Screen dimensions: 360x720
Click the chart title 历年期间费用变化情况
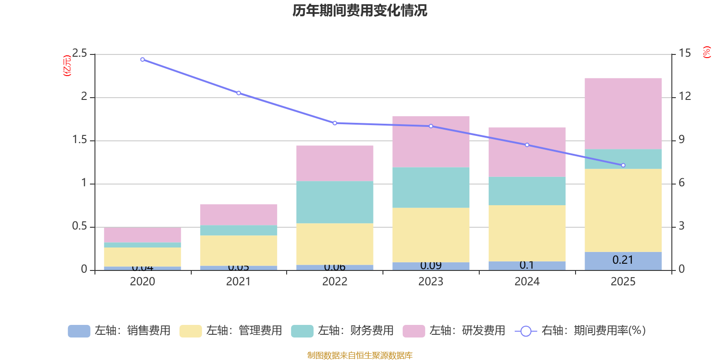point(360,10)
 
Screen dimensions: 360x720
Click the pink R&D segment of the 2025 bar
point(623,113)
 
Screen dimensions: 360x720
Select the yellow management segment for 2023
point(431,235)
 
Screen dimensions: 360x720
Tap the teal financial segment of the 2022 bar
point(334,202)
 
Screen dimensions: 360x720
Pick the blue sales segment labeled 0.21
point(623,261)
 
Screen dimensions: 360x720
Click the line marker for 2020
point(143,59)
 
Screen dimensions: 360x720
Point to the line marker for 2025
point(623,165)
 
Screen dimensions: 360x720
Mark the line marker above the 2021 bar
point(238,93)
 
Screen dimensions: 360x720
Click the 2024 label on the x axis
point(527,282)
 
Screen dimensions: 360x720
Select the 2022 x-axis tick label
point(334,282)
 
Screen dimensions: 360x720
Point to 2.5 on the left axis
point(80,54)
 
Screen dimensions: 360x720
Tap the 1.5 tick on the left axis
point(80,140)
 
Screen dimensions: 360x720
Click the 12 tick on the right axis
point(685,96)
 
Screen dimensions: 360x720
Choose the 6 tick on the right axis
point(682,183)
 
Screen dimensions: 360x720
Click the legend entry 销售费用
point(119,331)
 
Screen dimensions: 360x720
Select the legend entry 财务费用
point(342,331)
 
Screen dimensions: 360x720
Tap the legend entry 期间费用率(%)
point(580,331)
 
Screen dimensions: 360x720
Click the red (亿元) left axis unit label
point(67,66)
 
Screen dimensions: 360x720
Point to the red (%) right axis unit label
point(706,52)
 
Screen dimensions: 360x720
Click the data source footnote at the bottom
point(360,355)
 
